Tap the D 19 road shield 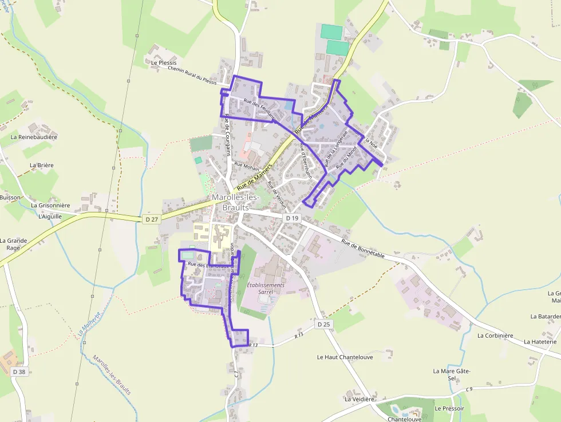point(292,218)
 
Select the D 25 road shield point(324,325)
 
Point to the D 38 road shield point(19,372)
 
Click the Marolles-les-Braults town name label point(235,202)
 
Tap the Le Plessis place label point(164,62)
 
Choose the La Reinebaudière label point(34,137)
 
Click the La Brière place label point(42,165)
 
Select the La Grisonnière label point(50,205)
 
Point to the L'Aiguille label point(49,217)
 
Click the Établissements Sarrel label point(266,288)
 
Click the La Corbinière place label point(495,336)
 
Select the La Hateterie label point(540,342)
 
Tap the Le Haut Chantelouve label point(345,357)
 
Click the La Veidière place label point(359,399)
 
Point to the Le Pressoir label point(449,409)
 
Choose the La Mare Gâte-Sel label point(452,374)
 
